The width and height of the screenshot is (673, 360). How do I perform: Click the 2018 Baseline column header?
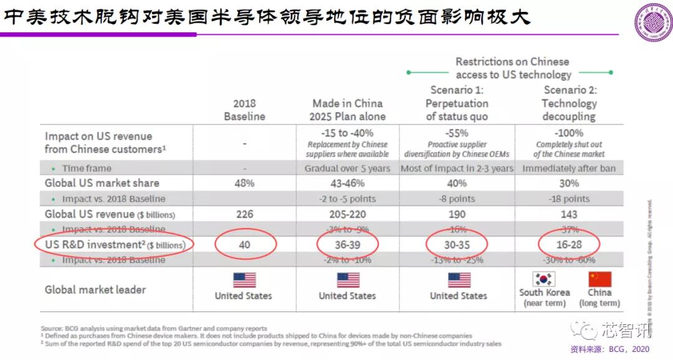point(244,110)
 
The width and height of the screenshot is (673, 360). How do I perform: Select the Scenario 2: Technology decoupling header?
point(569,103)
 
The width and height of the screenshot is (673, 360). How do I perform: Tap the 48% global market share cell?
point(244,183)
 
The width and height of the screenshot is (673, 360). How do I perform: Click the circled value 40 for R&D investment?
point(244,245)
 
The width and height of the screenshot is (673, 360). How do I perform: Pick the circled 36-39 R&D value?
point(347,245)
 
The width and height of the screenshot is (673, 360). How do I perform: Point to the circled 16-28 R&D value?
point(569,245)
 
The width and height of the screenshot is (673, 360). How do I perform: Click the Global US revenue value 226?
point(244,214)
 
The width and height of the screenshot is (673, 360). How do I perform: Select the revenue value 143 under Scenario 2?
point(569,214)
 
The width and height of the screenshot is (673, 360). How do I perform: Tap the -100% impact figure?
point(569,133)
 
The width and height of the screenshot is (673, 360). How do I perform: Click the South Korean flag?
point(544,278)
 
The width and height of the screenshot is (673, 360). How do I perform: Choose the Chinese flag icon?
point(599,278)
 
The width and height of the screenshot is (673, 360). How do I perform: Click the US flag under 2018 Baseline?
point(244,280)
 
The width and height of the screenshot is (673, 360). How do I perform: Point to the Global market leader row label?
point(95,290)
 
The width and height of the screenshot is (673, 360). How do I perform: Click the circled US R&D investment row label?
point(115,245)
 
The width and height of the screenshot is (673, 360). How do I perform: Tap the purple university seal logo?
point(652,22)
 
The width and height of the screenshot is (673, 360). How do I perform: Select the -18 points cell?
point(569,199)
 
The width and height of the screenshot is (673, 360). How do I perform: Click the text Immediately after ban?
point(569,168)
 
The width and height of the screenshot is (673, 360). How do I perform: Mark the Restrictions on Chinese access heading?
point(512,68)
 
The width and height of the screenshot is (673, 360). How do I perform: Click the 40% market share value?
point(457,183)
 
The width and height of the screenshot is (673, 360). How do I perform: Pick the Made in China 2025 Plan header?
point(347,110)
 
